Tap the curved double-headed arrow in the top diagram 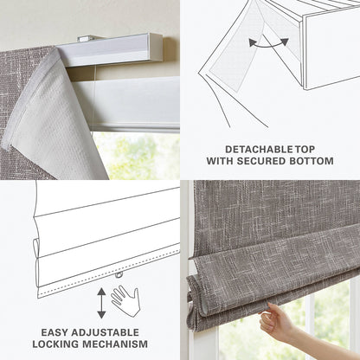pos(268,42)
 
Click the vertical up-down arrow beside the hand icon pos(101,302)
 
